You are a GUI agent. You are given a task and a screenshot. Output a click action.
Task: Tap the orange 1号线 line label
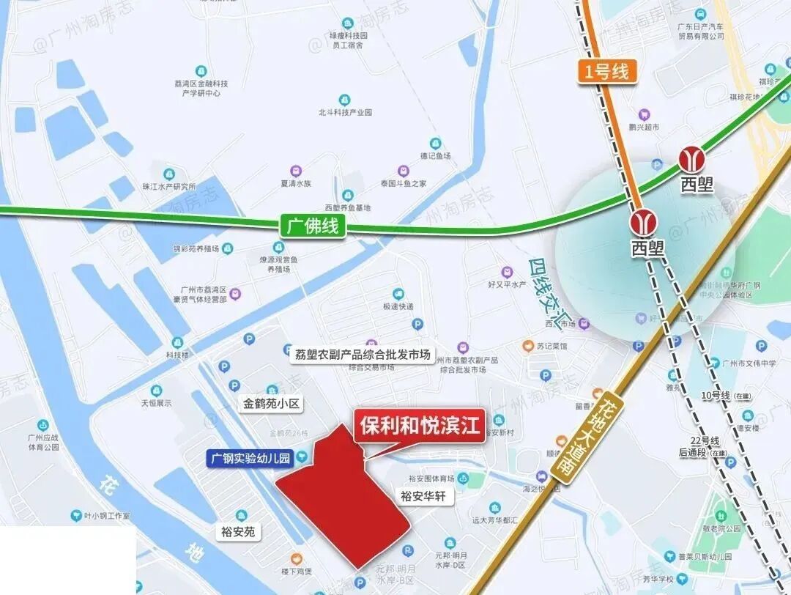coord(606,72)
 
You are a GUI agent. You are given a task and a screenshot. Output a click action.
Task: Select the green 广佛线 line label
coord(312,226)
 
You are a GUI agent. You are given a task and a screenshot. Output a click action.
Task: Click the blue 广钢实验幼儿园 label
coord(250,459)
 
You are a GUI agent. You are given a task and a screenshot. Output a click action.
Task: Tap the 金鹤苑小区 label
coord(272,404)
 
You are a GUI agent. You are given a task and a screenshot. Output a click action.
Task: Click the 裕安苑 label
coord(238,532)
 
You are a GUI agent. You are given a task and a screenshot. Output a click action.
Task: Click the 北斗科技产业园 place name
coord(344,113)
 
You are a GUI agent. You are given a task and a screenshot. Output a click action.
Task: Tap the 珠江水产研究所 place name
coord(170,186)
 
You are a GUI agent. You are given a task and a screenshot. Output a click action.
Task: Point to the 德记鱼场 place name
coord(435,156)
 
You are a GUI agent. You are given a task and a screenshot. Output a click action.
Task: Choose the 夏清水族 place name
coord(296,184)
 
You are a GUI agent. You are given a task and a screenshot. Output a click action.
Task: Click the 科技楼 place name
coord(177,355)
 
